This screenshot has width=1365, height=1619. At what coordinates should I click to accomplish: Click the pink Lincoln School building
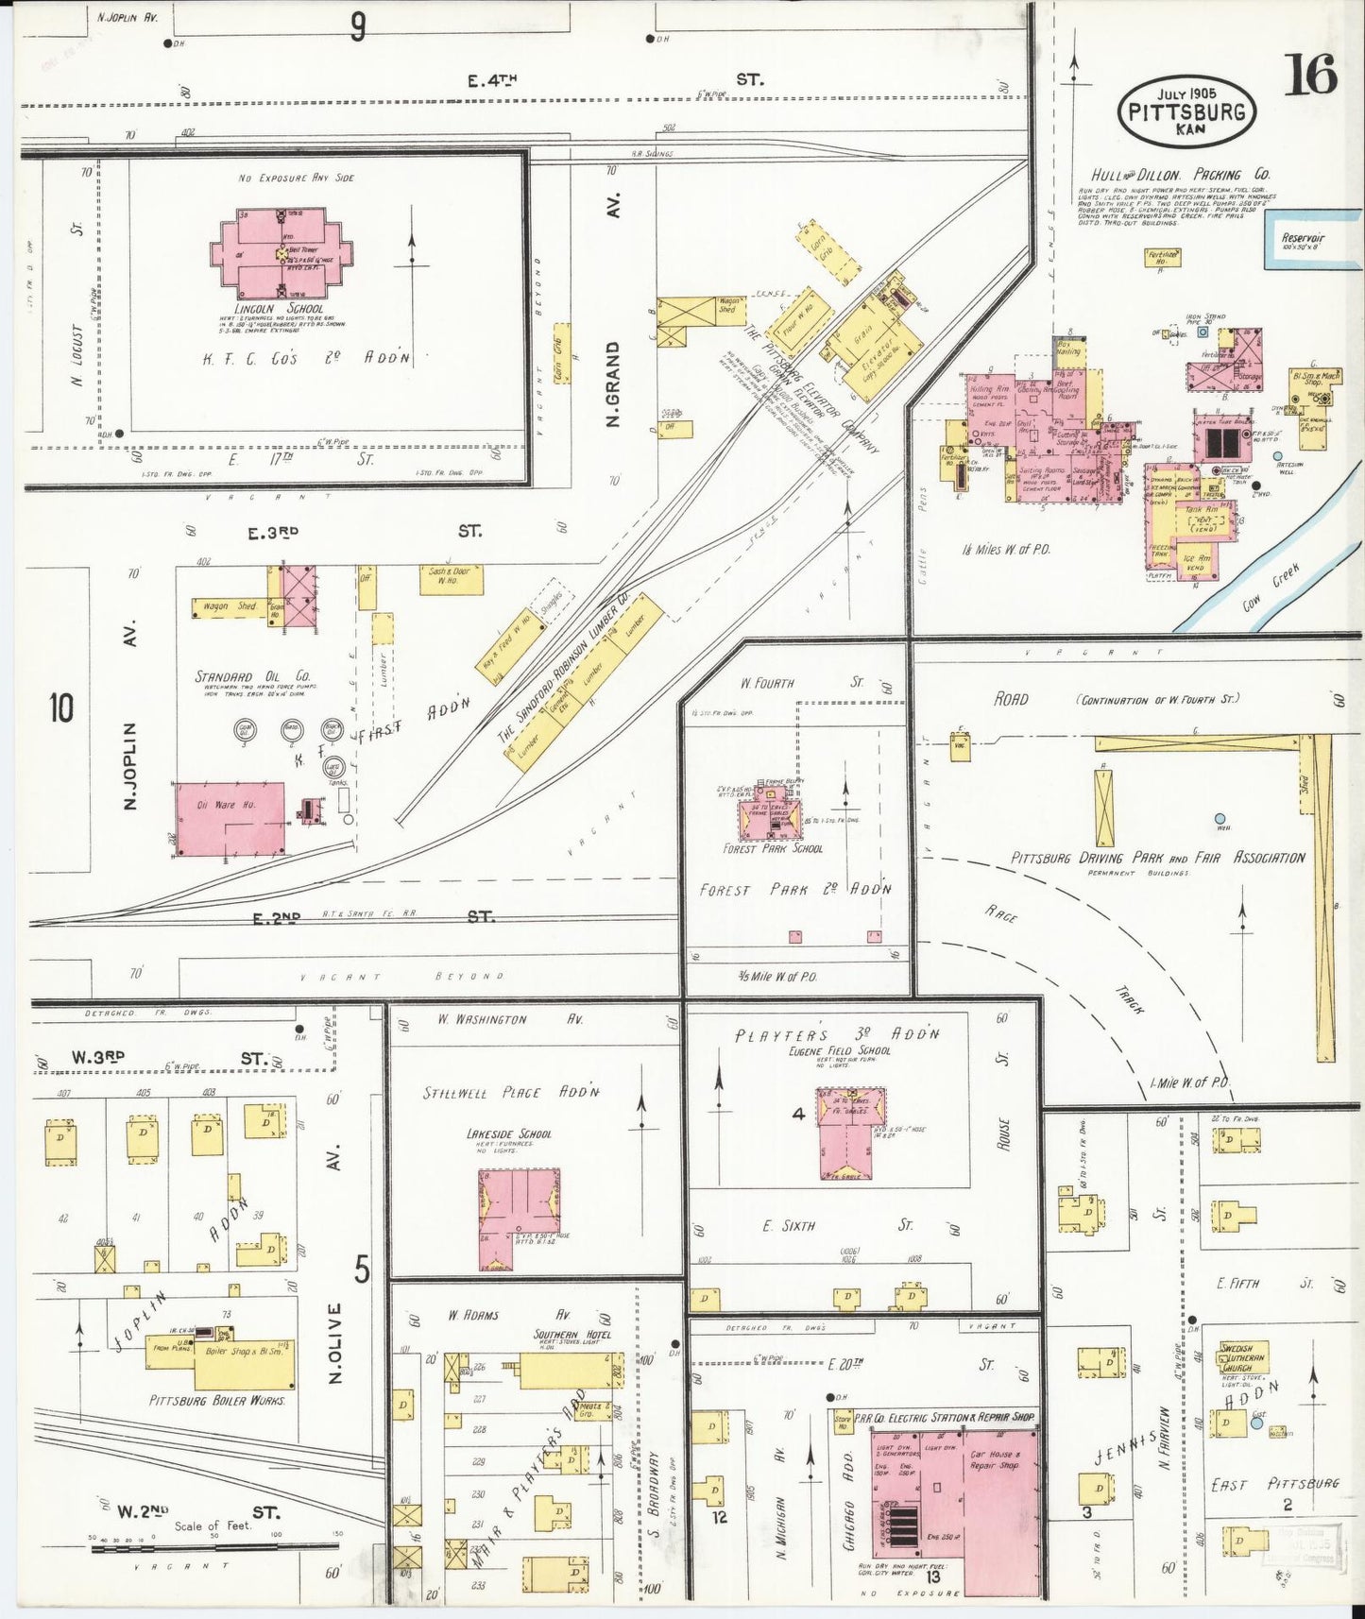tap(282, 252)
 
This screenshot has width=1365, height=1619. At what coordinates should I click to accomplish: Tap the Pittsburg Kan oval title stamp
tap(1187, 111)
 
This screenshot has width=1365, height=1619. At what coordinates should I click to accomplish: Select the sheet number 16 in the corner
tap(1310, 75)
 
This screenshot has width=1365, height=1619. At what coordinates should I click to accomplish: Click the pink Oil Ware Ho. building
tap(230, 818)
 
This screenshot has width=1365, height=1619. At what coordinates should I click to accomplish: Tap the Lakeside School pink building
tap(519, 1219)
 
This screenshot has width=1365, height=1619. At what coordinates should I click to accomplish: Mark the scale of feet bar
tap(213, 1546)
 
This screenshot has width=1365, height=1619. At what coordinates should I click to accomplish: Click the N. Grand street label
tap(613, 384)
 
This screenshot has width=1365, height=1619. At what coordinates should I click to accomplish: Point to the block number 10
tap(61, 707)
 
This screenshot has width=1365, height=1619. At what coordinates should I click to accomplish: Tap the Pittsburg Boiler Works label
tap(217, 1400)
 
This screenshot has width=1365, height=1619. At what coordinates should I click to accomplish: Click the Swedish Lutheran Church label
tap(1241, 1356)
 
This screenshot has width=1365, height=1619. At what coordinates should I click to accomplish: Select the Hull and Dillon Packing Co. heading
tap(1180, 175)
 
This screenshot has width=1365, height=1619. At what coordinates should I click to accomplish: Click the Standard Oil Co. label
tap(252, 676)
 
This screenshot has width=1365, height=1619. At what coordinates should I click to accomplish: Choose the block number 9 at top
tap(357, 27)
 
